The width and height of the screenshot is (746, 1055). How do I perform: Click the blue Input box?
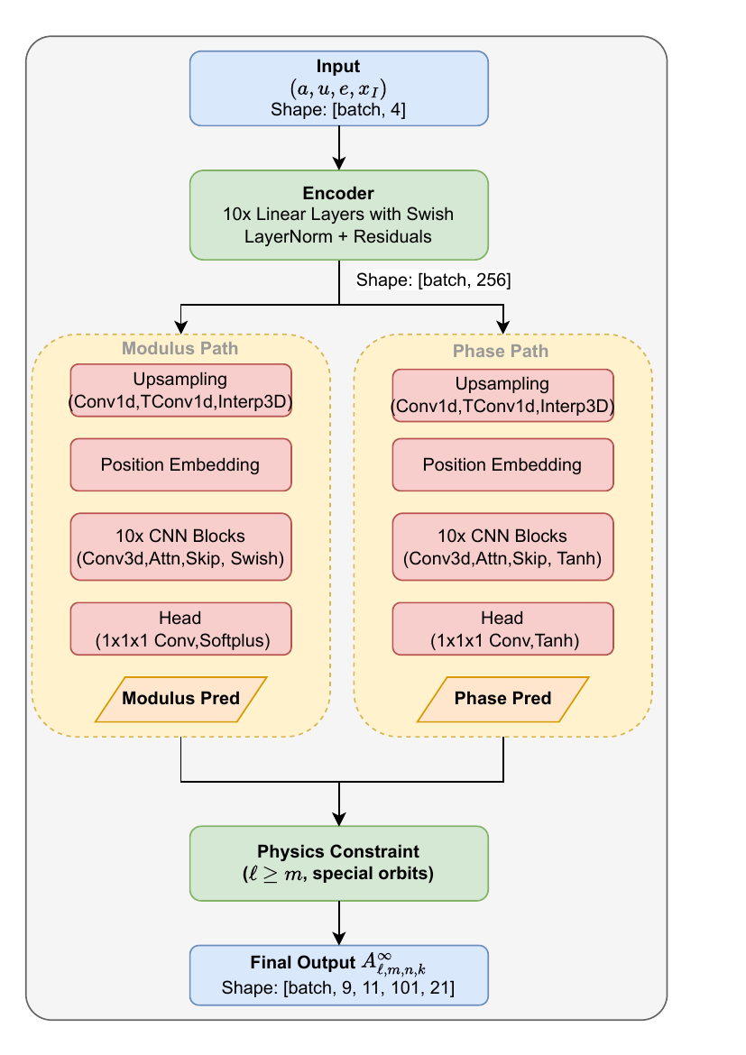pos(338,87)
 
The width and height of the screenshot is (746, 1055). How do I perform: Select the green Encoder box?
pos(338,215)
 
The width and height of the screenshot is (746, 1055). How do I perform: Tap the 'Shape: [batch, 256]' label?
pos(434,280)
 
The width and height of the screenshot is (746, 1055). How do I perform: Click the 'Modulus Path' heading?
pos(180,348)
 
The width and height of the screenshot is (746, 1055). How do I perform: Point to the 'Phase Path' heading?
pos(502,351)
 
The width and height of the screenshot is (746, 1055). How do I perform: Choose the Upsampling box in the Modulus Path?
pos(180,390)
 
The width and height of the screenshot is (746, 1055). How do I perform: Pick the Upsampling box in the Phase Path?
pos(502,395)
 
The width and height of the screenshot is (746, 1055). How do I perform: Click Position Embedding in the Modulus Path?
pos(180,465)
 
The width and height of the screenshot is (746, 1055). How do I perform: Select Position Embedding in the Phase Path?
pos(502,465)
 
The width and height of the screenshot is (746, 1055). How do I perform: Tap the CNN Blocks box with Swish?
pos(180,546)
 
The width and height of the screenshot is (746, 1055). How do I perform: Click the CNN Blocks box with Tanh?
pos(502,546)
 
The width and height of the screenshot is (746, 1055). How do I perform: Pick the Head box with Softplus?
pos(180,628)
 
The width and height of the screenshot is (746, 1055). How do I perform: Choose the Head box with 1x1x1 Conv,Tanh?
pos(502,628)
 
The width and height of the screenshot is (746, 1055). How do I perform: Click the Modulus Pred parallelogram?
pos(180,699)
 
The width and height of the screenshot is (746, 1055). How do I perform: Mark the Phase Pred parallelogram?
pos(502,699)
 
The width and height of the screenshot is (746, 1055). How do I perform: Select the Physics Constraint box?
pos(338,863)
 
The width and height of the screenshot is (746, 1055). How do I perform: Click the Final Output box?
pos(338,975)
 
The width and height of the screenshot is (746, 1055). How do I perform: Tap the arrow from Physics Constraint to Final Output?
pos(338,922)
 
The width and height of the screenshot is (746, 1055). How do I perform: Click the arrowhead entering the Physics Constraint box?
pos(338,819)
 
